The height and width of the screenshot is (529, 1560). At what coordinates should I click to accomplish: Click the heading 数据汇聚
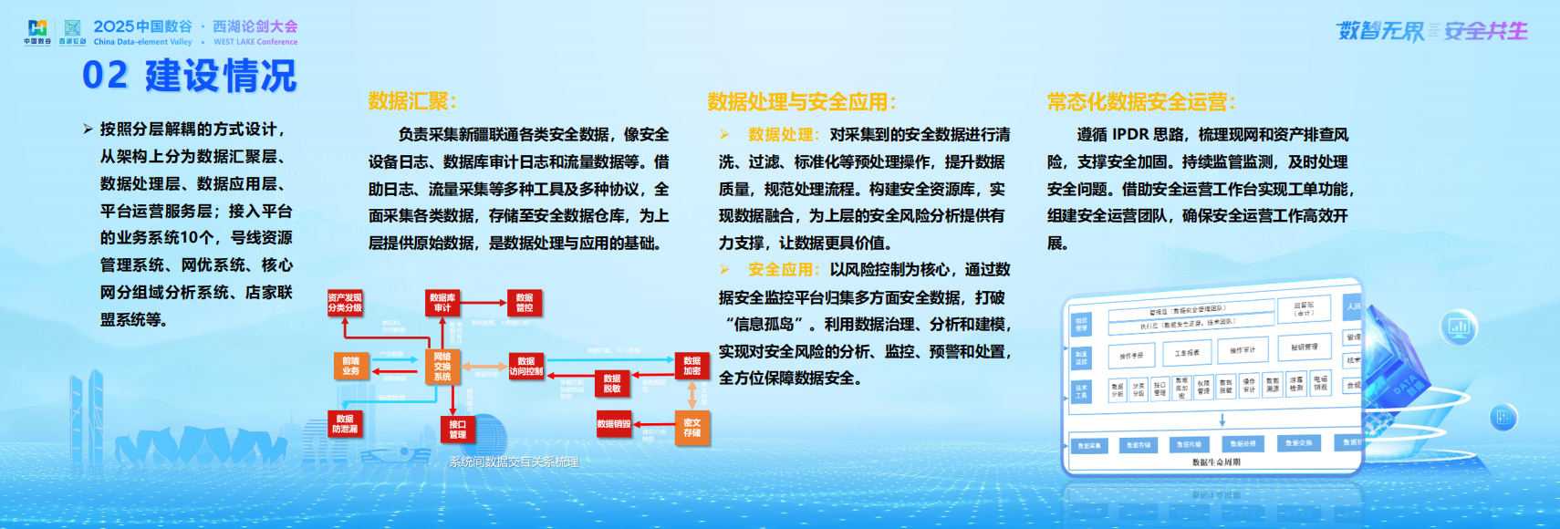click(x=412, y=101)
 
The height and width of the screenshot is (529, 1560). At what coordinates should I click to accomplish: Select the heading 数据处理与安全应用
click(x=802, y=102)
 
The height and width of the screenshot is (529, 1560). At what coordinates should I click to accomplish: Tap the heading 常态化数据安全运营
click(x=1141, y=102)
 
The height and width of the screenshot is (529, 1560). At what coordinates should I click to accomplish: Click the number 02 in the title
click(x=105, y=76)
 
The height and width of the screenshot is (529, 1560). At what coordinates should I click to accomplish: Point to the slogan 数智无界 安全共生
click(x=1431, y=31)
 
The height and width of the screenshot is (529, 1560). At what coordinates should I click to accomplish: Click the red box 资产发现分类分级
click(x=345, y=303)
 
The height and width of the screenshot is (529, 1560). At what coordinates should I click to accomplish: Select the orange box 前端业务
click(x=351, y=366)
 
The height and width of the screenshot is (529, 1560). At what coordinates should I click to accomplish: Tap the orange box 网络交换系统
click(x=442, y=367)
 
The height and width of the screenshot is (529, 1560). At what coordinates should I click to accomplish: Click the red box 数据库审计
click(x=442, y=303)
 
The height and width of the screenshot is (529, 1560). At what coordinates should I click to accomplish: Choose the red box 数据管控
click(x=525, y=303)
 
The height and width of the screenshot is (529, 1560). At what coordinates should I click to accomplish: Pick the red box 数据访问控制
click(x=526, y=366)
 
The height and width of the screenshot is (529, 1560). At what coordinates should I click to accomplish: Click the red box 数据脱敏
click(x=612, y=383)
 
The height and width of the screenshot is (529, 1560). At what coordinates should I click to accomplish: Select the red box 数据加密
click(x=692, y=366)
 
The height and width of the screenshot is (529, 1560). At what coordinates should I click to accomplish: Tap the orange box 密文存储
click(x=692, y=428)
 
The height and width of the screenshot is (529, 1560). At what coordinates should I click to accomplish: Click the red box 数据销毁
click(x=614, y=424)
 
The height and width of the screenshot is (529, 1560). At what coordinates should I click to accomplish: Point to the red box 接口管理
click(x=458, y=429)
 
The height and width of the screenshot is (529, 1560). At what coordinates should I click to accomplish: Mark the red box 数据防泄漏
click(x=345, y=424)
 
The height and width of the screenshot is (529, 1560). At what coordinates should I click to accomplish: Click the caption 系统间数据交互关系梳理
click(x=514, y=462)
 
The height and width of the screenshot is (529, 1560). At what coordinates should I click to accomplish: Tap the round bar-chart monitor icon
click(x=1459, y=327)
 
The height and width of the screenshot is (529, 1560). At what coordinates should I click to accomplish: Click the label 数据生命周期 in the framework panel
click(x=1216, y=462)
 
